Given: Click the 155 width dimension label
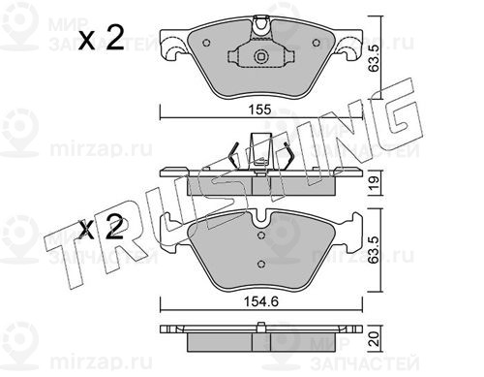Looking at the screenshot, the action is pyautogui.click(x=259, y=110).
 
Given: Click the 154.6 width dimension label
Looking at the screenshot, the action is pyautogui.click(x=260, y=301).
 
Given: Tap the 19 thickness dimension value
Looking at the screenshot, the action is pyautogui.click(x=374, y=183).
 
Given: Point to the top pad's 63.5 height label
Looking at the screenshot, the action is pyautogui.click(x=375, y=58).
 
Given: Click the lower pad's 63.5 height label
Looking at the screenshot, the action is pyautogui.click(x=375, y=250).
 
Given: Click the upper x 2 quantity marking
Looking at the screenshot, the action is pyautogui.click(x=102, y=38).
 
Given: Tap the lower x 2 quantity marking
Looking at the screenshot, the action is pyautogui.click(x=102, y=228).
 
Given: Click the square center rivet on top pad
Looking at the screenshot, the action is pyautogui.click(x=261, y=57).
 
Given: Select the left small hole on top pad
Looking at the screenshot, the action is pyautogui.click(x=207, y=43).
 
